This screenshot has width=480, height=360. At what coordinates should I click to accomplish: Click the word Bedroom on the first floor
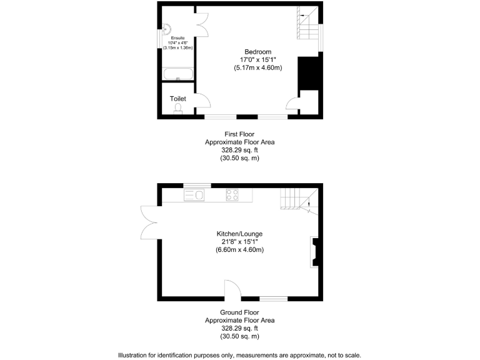pyautogui.click(x=257, y=52)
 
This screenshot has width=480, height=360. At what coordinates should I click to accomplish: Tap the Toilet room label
pyautogui.click(x=178, y=99)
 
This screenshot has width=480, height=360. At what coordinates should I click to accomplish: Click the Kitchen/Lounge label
pyautogui.click(x=240, y=233)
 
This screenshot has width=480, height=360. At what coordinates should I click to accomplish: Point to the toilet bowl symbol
pyautogui.click(x=178, y=109)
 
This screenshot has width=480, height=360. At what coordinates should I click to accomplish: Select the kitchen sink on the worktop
pyautogui.click(x=194, y=195)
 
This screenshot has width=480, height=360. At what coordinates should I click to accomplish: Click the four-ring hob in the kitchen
pyautogui.click(x=232, y=195)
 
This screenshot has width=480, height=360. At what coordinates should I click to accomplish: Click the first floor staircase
pyautogui.click(x=306, y=25)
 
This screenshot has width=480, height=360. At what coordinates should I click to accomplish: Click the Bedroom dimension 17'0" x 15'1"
pyautogui.click(x=257, y=60)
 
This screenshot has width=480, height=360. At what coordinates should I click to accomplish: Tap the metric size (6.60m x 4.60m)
pyautogui.click(x=240, y=249)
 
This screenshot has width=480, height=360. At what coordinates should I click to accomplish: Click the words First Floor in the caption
pyautogui.click(x=239, y=134)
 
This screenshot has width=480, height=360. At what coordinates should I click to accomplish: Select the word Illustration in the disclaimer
pyautogui.click(x=134, y=354)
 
